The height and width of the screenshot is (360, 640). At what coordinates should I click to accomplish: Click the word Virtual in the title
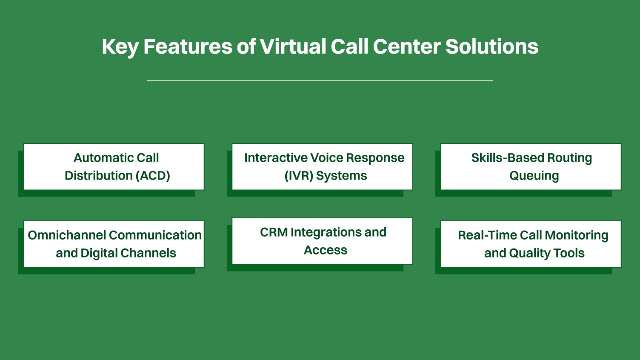[293, 46]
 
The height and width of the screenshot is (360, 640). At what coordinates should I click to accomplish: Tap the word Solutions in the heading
[491, 46]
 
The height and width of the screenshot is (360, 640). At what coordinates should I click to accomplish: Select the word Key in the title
[120, 47]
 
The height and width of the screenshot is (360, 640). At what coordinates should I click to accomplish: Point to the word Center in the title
[406, 46]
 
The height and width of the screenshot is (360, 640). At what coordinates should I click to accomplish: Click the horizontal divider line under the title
[320, 80]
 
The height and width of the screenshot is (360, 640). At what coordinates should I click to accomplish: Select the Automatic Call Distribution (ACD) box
[114, 167]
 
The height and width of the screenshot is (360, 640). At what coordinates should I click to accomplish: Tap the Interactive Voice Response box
[322, 167]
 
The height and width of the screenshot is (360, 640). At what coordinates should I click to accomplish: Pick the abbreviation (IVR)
[299, 176]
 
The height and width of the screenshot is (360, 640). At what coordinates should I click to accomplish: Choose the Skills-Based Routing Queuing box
[531, 167]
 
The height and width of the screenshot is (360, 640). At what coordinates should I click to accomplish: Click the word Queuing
[534, 176]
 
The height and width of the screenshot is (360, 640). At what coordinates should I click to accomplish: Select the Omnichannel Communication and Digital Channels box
[114, 244]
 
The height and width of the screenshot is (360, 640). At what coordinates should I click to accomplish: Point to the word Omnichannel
[67, 235]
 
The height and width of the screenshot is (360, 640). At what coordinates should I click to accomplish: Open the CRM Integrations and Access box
[322, 241]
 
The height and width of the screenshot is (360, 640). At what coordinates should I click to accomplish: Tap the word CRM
[274, 232]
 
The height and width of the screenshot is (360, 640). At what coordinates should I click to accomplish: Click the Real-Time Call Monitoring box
[531, 244]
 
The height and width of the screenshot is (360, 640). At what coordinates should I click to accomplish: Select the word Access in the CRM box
[326, 250]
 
